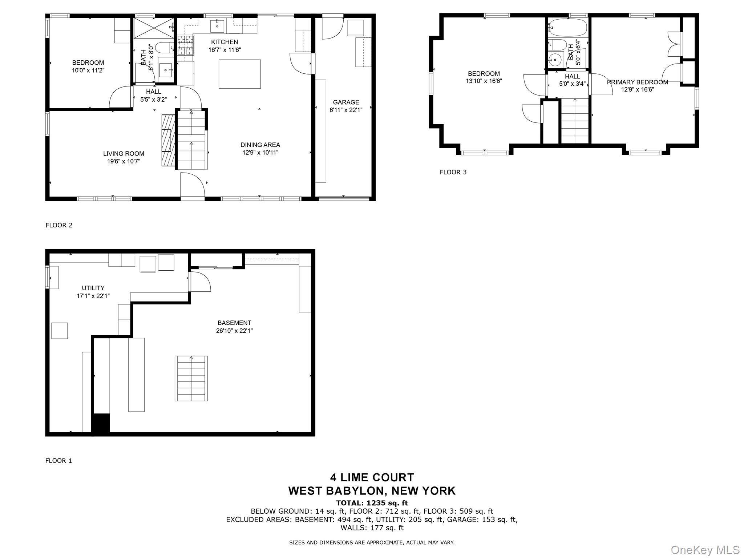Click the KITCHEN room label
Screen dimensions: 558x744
point(225,42)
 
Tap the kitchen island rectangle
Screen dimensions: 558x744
point(239,74)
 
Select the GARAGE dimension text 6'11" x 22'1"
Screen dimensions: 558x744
point(346,110)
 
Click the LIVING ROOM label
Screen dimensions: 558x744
point(124,154)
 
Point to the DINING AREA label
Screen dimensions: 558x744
point(260,145)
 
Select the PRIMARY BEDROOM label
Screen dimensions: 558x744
point(637,82)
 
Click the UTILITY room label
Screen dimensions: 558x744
point(93,288)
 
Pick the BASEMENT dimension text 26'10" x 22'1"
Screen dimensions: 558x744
point(234,331)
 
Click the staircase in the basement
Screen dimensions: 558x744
point(191,378)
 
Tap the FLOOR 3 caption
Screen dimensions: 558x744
point(453,172)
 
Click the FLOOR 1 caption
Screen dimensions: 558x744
point(58,461)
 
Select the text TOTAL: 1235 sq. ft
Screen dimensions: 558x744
point(372,503)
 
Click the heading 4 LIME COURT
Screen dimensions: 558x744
point(372,477)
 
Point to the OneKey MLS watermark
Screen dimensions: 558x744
point(705,550)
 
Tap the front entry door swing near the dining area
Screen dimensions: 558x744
point(193,185)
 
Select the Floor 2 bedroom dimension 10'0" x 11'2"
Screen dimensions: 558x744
point(88,70)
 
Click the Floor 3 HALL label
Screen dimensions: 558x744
point(572,77)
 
